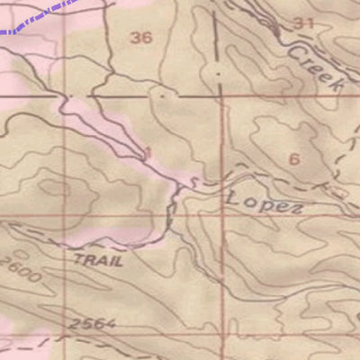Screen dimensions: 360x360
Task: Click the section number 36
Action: pos(141,37)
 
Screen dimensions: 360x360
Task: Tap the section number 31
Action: pos(304,22)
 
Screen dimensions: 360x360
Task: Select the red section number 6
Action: pos(292,159)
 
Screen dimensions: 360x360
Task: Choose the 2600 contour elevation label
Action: pos(20,271)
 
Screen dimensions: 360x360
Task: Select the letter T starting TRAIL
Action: pos(77,259)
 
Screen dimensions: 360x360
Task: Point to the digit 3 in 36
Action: pos(135,37)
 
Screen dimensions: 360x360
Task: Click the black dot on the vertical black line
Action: pos(219,67)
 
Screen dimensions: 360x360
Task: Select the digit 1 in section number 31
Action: pos(311,22)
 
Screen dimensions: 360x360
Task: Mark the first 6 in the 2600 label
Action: pos(13,268)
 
